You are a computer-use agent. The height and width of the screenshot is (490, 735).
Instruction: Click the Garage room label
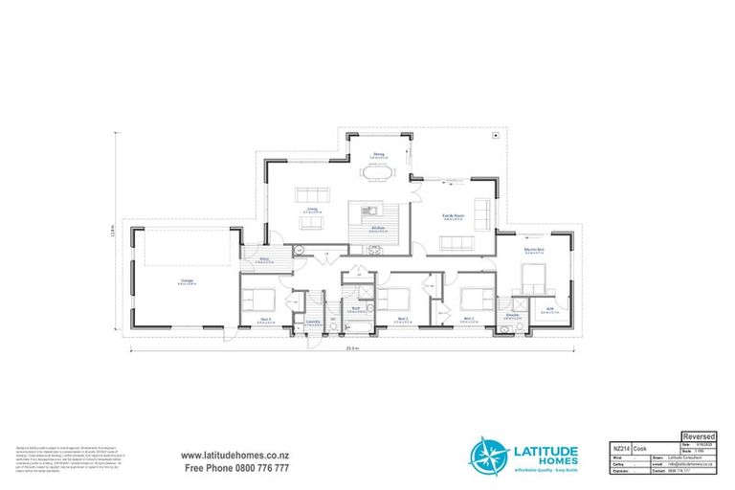coord(189,280)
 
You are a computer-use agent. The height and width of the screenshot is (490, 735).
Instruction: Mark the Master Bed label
coord(534,251)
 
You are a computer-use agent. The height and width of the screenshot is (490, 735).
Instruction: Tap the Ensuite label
coord(512,314)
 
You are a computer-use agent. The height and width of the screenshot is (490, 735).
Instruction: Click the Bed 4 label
coord(267,319)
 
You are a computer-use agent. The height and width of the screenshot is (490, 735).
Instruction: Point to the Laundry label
coord(313,322)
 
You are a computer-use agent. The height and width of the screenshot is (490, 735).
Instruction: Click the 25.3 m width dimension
coord(353,348)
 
